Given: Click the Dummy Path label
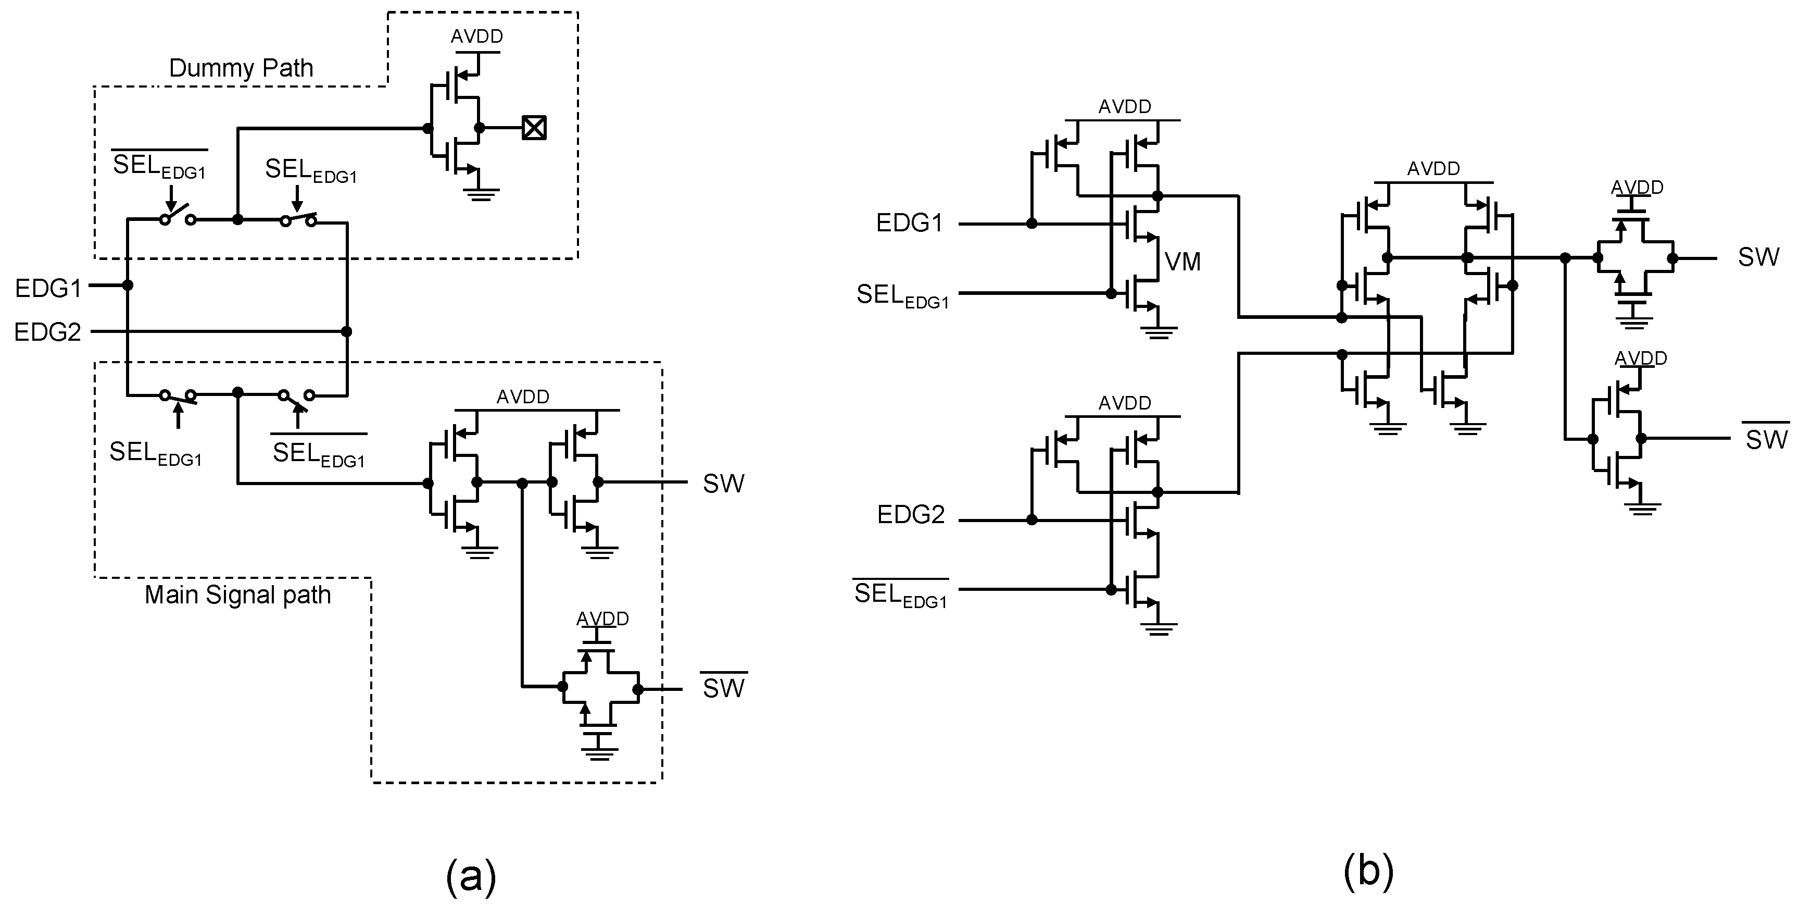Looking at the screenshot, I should pyautogui.click(x=241, y=68).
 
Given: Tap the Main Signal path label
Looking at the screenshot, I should pyautogui.click(x=237, y=595).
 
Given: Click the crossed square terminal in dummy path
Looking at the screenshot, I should pyautogui.click(x=534, y=128).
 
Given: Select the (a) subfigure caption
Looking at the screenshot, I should pyautogui.click(x=471, y=875).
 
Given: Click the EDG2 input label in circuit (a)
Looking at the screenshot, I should pyautogui.click(x=47, y=332).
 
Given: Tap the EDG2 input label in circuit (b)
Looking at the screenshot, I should pyautogui.click(x=911, y=515).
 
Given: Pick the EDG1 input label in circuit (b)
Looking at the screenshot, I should pyautogui.click(x=909, y=224).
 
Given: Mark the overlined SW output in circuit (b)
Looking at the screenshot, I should pyautogui.click(x=1766, y=439).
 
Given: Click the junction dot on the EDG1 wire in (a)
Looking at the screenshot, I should pyautogui.click(x=128, y=285).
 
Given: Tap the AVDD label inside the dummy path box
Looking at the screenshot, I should pyautogui.click(x=477, y=36).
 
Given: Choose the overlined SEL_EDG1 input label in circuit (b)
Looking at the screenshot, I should pyautogui.click(x=901, y=595).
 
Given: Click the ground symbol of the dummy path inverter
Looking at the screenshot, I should pyautogui.click(x=480, y=193).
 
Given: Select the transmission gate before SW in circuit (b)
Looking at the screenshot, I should pyautogui.click(x=1634, y=258).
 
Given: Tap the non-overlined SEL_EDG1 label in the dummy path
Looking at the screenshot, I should pyautogui.click(x=311, y=171).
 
